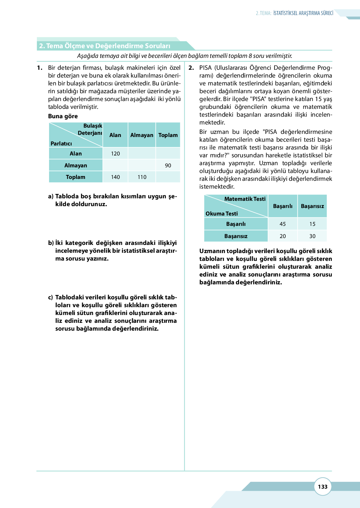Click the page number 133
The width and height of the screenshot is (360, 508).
(x=322, y=486)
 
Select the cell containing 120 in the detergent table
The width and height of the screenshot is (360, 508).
(x=115, y=154)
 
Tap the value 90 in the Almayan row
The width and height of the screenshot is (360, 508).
(x=168, y=165)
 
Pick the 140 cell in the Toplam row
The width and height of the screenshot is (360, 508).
(x=115, y=177)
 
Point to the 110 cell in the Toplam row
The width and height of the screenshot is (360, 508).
(x=142, y=177)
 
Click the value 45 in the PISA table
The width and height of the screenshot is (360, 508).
(x=282, y=224)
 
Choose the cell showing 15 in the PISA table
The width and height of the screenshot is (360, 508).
(x=312, y=224)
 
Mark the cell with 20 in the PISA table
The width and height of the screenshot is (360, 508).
(x=282, y=236)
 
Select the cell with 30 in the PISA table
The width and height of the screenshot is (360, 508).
(x=312, y=236)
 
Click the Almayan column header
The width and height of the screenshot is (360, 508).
(x=142, y=135)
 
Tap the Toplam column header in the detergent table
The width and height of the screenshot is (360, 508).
(x=168, y=135)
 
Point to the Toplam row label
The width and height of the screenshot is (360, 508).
(x=76, y=177)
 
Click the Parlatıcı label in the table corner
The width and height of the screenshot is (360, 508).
(x=61, y=144)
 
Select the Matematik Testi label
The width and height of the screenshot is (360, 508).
(x=245, y=199)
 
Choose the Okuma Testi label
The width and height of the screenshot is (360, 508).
(x=222, y=214)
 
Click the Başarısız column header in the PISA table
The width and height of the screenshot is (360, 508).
(x=312, y=206)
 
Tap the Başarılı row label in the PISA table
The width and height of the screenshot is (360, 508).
(x=236, y=224)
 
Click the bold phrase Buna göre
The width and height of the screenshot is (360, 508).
(x=63, y=116)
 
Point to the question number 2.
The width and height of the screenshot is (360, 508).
(x=191, y=68)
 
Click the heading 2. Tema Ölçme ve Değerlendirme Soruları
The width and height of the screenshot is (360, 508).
(x=105, y=46)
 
